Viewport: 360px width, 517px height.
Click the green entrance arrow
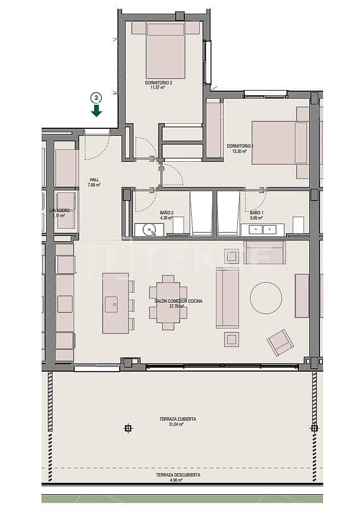click(x=96, y=111)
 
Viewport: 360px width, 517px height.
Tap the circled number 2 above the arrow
click(x=96, y=97)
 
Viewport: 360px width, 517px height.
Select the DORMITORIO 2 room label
click(x=159, y=83)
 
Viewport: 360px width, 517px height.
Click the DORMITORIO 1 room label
click(x=240, y=146)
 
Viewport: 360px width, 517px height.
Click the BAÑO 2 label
click(x=166, y=212)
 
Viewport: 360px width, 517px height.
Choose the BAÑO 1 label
click(x=256, y=212)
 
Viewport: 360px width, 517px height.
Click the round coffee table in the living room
click(x=266, y=298)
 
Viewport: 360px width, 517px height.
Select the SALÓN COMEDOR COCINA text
click(x=179, y=300)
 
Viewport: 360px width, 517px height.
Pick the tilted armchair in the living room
click(x=280, y=342)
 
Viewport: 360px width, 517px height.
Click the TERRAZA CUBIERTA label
click(x=178, y=419)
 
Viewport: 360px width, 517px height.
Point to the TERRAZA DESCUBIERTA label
click(x=178, y=475)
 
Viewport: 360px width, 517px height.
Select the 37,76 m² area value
click(x=178, y=306)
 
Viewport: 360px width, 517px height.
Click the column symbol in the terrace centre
click(x=128, y=428)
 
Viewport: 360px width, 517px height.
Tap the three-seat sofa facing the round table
click(x=227, y=298)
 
